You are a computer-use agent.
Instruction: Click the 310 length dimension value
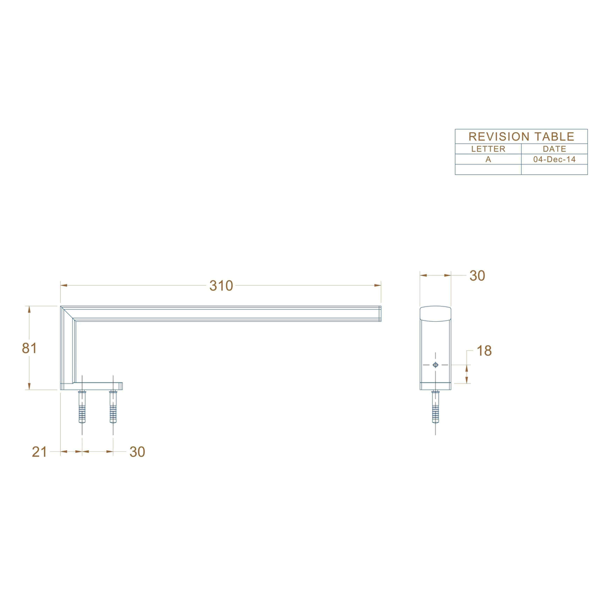(221, 286)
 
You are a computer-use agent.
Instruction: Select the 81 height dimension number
(29, 348)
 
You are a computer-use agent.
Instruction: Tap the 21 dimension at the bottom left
(39, 452)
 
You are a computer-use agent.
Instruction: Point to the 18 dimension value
(484, 351)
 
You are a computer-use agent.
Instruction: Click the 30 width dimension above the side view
(477, 276)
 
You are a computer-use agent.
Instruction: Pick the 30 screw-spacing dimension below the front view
(137, 452)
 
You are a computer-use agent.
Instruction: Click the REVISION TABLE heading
(521, 137)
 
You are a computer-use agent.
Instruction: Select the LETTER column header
(488, 149)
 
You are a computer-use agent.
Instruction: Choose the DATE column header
(554, 149)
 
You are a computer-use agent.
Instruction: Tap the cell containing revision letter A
(488, 160)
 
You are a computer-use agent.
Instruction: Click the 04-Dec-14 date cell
(554, 160)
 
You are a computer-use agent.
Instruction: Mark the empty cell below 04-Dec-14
(554, 169)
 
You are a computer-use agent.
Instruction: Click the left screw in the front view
(82, 406)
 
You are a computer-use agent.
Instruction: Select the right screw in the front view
(113, 406)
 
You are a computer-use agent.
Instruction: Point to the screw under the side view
(435, 406)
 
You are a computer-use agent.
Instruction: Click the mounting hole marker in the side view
(435, 364)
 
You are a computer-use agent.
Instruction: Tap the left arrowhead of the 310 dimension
(63, 285)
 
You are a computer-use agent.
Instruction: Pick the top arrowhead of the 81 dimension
(29, 309)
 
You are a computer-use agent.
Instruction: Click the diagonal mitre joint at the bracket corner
(68, 313)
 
